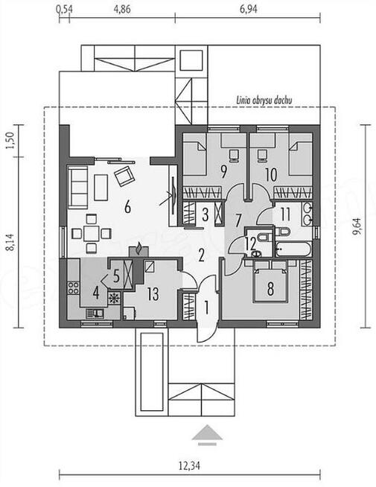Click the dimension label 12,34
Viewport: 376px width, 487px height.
[189, 466]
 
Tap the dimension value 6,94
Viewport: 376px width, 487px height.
[249, 9]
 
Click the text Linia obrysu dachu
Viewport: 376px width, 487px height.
[264, 101]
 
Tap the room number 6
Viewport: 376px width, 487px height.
[127, 207]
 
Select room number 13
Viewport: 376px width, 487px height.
[153, 294]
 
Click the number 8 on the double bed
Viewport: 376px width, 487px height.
[270, 288]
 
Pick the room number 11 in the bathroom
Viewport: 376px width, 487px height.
[285, 214]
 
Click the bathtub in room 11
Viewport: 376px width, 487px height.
[293, 249]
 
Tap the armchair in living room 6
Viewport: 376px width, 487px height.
[125, 176]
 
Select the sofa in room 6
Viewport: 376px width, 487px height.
[77, 186]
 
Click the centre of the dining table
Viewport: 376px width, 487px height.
[91, 233]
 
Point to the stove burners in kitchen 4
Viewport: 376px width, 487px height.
[74, 287]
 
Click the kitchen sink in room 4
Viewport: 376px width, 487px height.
[95, 313]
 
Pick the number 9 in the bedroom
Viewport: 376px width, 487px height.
[223, 172]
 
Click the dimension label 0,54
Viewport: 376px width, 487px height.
[64, 9]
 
